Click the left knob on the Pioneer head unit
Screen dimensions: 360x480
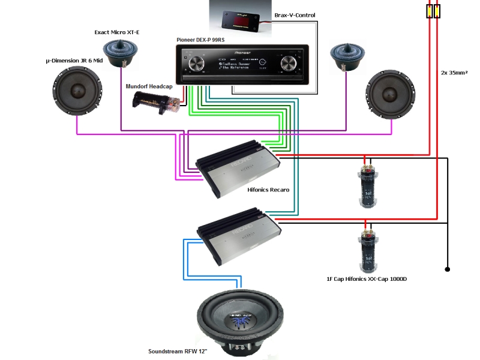(x=195, y=63)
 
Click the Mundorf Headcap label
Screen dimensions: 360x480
(x=149, y=86)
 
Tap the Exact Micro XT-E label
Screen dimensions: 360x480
(x=116, y=32)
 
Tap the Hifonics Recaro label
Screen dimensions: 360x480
(x=268, y=190)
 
